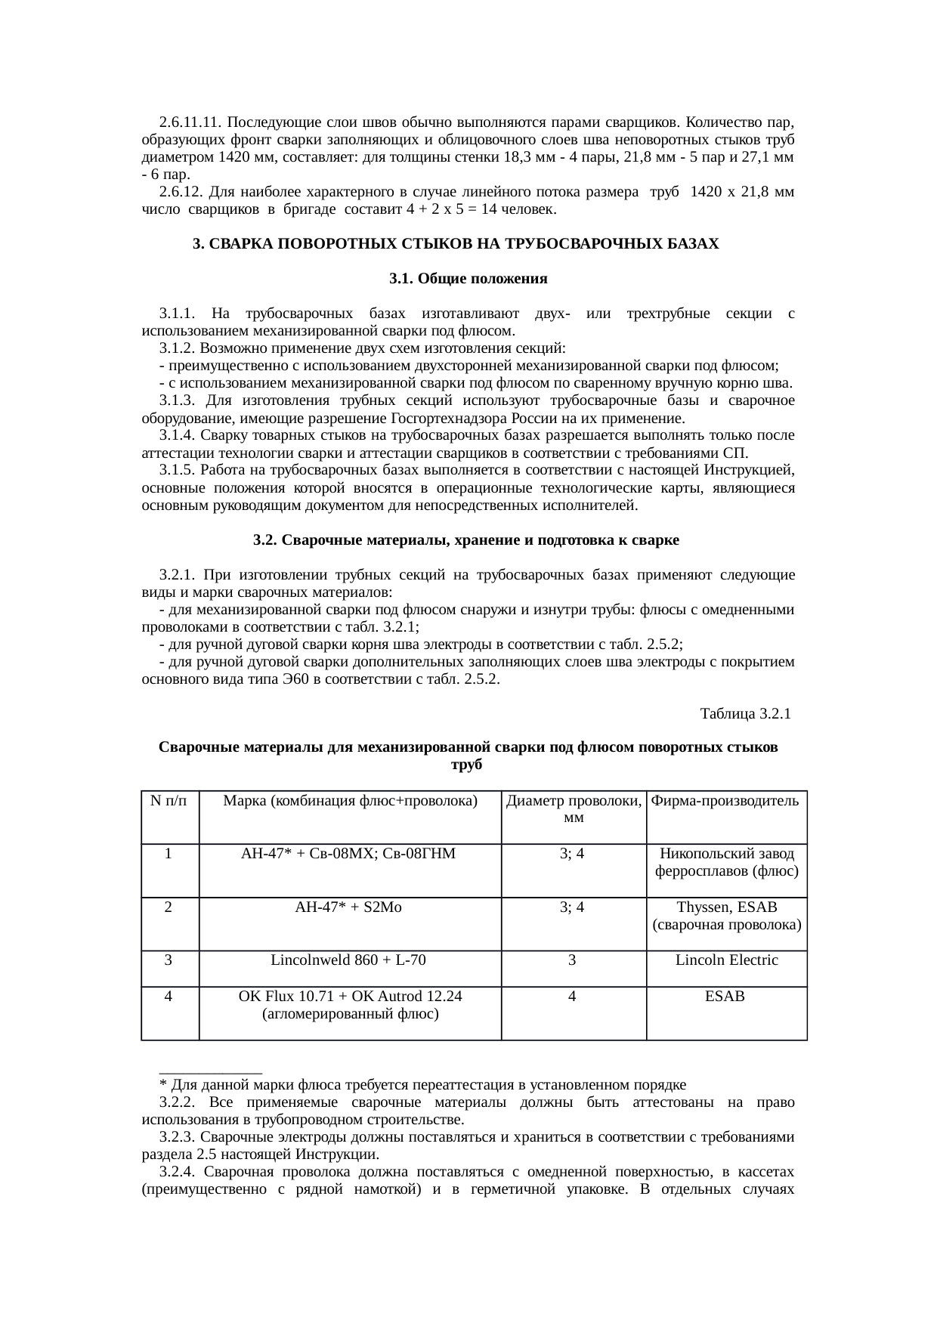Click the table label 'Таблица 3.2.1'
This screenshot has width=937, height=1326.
pyautogui.click(x=745, y=713)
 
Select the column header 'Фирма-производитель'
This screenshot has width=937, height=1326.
pyautogui.click(x=725, y=801)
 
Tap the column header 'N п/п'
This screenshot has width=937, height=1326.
pyautogui.click(x=169, y=801)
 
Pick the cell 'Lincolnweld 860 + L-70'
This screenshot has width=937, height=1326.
pyautogui.click(x=348, y=960)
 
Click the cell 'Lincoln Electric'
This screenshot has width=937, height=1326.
pyautogui.click(x=725, y=960)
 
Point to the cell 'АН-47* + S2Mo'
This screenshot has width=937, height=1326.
pyautogui.click(x=348, y=907)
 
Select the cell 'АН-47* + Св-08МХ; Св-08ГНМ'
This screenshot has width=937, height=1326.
pyautogui.click(x=348, y=854)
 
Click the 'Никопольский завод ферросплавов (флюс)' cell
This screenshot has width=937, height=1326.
pyautogui.click(x=725, y=862)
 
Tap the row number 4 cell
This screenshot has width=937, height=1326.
pyautogui.click(x=169, y=996)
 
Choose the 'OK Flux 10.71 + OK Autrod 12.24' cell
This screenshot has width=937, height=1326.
pyautogui.click(x=350, y=997)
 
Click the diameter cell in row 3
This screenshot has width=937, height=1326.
pyautogui.click(x=573, y=960)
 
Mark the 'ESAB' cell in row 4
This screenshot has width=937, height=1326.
pyautogui.click(x=725, y=996)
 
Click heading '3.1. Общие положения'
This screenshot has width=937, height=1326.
pyautogui.click(x=468, y=279)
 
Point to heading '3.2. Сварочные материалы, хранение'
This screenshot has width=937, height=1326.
pyautogui.click(x=466, y=540)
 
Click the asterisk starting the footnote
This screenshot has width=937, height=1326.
pyautogui.click(x=162, y=1086)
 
